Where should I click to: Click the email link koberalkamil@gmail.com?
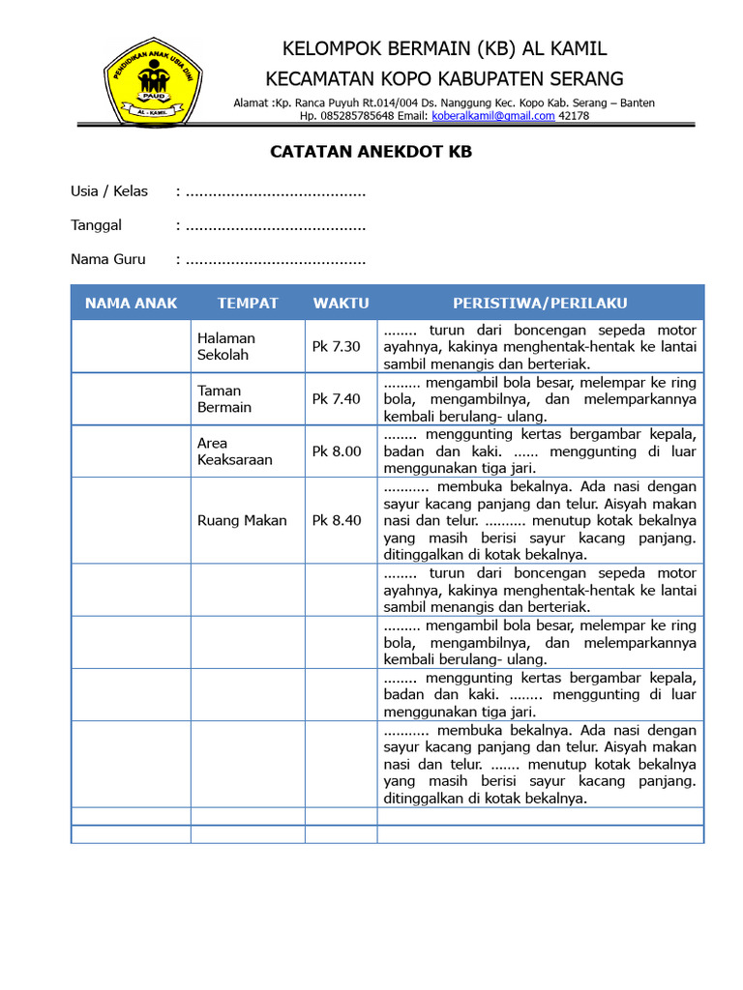click(492, 116)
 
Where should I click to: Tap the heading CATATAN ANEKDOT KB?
click(371, 152)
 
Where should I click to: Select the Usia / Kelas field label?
click(109, 191)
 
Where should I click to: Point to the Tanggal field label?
click(96, 225)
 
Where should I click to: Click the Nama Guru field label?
click(108, 259)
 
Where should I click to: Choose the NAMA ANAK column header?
click(131, 303)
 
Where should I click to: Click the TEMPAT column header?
click(248, 303)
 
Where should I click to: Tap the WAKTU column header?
click(341, 303)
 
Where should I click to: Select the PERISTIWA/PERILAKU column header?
click(540, 303)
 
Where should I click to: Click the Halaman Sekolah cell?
click(226, 346)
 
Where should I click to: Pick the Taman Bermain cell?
click(224, 398)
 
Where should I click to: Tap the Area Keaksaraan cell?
click(235, 451)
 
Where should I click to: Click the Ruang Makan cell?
click(242, 520)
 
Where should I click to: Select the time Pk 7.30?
click(336, 346)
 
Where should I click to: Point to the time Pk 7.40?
click(336, 398)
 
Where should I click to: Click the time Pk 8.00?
click(336, 451)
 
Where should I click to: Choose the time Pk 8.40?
click(336, 520)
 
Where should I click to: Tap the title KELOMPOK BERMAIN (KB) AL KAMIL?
click(444, 49)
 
